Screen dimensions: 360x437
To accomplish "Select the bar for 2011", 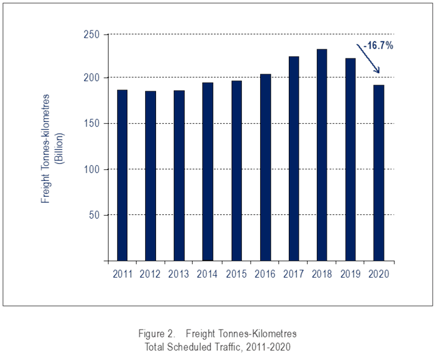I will click(122, 175).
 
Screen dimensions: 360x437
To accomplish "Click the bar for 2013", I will click(179, 175).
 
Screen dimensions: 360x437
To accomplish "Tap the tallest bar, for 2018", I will click(322, 155).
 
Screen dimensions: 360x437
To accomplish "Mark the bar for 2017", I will click(294, 158).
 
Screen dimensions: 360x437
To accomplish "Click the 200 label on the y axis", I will click(93, 78).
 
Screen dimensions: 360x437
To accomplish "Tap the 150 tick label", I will click(93, 124).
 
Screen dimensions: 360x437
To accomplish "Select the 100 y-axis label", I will click(93, 169).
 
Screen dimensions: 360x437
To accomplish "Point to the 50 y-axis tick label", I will click(95, 215).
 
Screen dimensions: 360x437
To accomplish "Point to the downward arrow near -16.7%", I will click(369, 60).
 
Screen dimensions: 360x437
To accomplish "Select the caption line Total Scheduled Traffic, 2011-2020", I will click(218, 346).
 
